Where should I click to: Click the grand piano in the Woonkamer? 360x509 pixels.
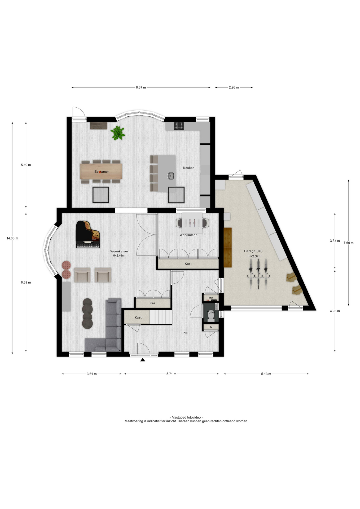click(87, 234)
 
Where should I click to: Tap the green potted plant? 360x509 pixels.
click(118, 133)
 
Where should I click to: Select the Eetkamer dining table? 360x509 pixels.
click(101, 172)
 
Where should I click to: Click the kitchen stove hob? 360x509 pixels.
click(179, 126)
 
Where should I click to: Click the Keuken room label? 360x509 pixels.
click(189, 168)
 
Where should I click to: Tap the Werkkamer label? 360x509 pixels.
click(188, 235)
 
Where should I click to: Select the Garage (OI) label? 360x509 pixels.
click(253, 251)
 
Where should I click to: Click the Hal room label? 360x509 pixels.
click(186, 333)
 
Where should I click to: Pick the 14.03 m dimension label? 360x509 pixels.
click(12, 238)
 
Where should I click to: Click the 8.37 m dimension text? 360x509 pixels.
click(141, 87)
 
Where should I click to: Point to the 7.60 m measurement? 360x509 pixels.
click(348, 243)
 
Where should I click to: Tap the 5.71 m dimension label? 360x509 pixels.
click(171, 374)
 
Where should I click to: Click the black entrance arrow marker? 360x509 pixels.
click(143, 360)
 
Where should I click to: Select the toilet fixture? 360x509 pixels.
click(211, 316)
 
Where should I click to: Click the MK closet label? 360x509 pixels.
click(211, 298)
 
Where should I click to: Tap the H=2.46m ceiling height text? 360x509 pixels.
click(118, 256)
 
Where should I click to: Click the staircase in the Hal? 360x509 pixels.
click(161, 317)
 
